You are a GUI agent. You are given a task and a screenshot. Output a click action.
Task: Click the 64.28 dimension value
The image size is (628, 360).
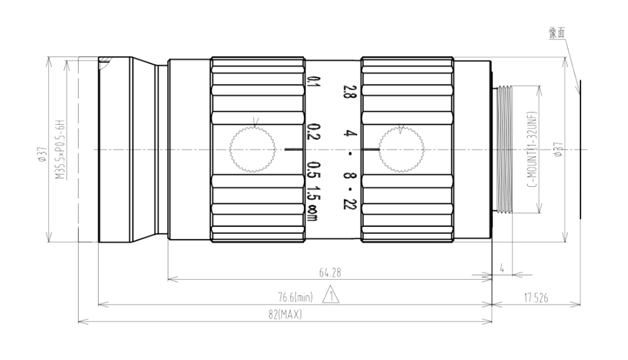click(329, 273)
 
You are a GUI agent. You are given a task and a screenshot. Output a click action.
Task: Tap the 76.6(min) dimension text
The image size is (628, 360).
click(295, 298)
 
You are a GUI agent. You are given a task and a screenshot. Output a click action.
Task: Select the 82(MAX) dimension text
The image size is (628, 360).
click(285, 315)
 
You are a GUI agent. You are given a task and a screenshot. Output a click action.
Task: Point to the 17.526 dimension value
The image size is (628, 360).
click(536, 298)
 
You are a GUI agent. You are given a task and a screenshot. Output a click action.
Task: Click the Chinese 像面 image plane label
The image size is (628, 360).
click(557, 33)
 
